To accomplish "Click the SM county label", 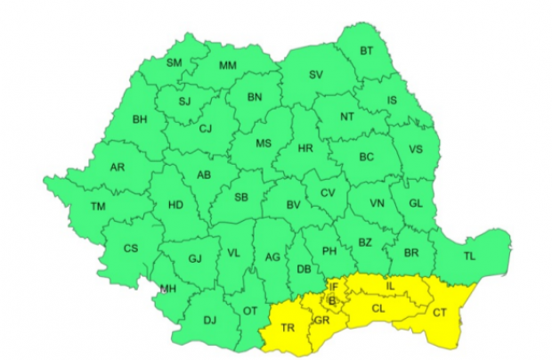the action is point(175,62).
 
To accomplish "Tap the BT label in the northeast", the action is point(367,52).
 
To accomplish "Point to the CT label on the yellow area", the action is point(440,312).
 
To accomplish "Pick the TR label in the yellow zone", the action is point(288,328).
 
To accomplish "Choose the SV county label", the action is point(315,74).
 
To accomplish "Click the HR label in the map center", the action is point(305,148).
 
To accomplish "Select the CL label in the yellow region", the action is point(377,308).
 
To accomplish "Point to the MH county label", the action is point(168,288).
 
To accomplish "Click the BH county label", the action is point(140,119).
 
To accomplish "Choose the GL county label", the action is point(415,203).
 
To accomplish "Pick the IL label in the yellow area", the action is point(389,285).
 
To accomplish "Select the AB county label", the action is point(203,175).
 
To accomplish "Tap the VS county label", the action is point(415,150).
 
